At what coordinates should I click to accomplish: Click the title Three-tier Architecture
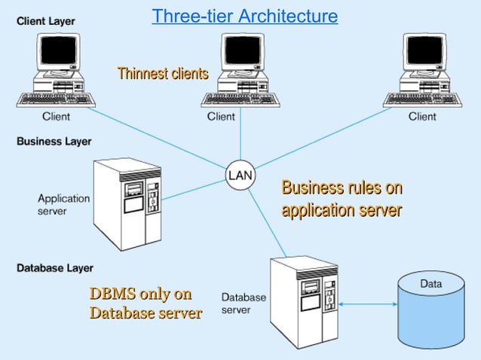pyautogui.click(x=244, y=16)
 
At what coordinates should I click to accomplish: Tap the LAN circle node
pyautogui.click(x=240, y=175)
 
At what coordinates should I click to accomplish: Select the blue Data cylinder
pyautogui.click(x=431, y=309)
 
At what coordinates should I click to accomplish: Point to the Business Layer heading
pyautogui.click(x=54, y=142)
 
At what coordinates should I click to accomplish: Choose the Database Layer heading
pyautogui.click(x=55, y=268)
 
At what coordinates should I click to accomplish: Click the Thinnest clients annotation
pyautogui.click(x=162, y=73)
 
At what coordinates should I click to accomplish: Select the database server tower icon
pyautogui.click(x=305, y=301)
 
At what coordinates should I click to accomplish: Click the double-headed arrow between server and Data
pyautogui.click(x=368, y=304)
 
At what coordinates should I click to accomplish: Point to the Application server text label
pyautogui.click(x=64, y=205)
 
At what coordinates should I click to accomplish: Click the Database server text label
pyautogui.click(x=243, y=304)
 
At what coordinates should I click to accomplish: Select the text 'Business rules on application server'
pyautogui.click(x=342, y=199)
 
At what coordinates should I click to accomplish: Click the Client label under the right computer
pyautogui.click(x=422, y=117)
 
